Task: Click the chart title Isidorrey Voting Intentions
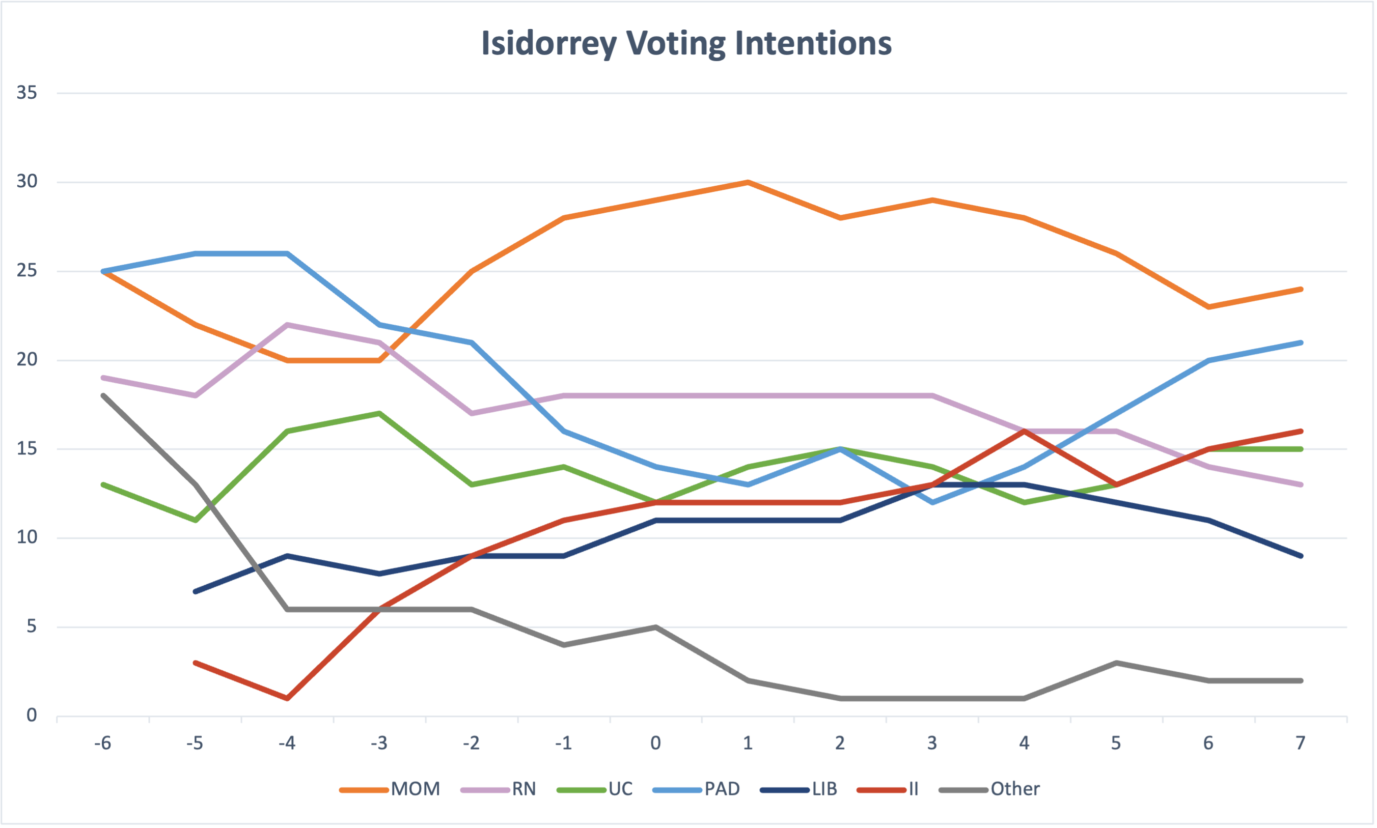click(x=686, y=43)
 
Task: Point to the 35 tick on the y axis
click(x=27, y=93)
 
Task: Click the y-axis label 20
click(x=27, y=359)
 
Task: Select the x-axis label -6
click(x=103, y=743)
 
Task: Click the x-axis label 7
click(x=1301, y=743)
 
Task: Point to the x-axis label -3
click(x=379, y=743)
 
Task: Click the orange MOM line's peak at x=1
click(x=748, y=182)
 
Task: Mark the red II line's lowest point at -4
click(x=287, y=698)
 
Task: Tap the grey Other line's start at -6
click(x=103, y=395)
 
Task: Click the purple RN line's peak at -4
click(x=287, y=324)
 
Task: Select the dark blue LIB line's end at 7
click(x=1301, y=556)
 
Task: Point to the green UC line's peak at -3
click(x=379, y=413)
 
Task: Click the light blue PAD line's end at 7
click(x=1301, y=342)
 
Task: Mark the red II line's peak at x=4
click(x=1024, y=431)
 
